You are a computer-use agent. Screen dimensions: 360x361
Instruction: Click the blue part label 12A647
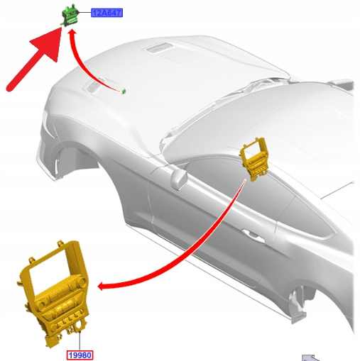(x=107, y=13)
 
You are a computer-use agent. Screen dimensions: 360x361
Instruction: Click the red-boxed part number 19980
(x=80, y=355)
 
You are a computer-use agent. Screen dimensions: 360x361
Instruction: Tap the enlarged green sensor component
(x=70, y=15)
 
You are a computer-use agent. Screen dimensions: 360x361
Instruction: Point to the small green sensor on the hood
(x=124, y=91)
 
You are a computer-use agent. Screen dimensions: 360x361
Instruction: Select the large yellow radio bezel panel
(x=55, y=293)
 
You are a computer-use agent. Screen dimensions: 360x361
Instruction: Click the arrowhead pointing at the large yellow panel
(x=102, y=287)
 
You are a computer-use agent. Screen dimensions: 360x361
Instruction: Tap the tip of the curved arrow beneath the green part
(x=72, y=30)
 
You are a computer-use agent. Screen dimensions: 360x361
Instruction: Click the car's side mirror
(x=179, y=179)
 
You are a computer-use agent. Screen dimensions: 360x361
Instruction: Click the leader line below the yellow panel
(x=80, y=341)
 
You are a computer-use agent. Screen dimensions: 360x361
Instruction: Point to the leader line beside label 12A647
(x=85, y=13)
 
